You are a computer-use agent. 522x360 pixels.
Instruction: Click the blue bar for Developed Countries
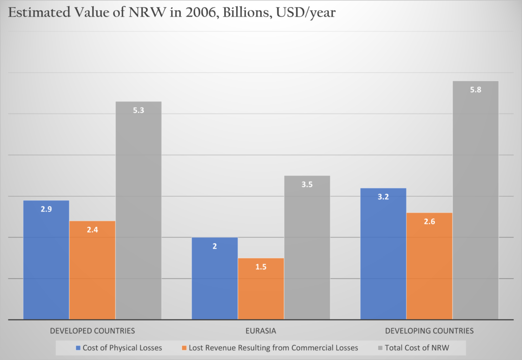46,260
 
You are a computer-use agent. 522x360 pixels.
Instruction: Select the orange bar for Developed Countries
92,270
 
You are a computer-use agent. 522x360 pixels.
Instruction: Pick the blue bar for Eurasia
215,278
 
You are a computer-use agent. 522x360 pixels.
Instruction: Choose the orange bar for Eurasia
260,289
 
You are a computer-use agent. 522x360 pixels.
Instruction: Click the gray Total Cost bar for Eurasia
307,247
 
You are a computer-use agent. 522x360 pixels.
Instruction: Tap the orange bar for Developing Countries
429,266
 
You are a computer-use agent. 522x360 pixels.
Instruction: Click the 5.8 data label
476,89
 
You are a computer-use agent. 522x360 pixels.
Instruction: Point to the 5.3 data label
138,110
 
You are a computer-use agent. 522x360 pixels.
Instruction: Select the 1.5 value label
260,267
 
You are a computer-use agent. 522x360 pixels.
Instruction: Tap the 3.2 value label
383,197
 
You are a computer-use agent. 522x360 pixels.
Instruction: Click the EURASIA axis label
260,331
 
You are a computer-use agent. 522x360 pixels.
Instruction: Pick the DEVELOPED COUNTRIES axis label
92,331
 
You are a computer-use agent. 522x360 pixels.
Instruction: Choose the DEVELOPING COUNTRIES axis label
429,331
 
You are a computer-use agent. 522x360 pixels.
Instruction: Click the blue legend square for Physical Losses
78,348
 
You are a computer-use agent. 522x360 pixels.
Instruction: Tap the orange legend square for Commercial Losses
184,348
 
